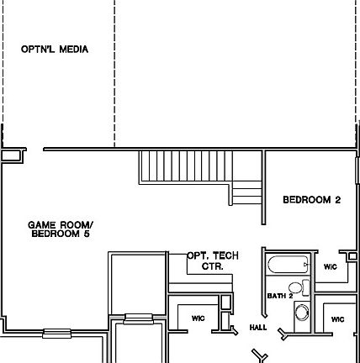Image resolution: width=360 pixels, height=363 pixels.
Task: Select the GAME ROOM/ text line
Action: tap(61, 224)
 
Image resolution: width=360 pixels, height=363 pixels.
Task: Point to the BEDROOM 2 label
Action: tap(310, 200)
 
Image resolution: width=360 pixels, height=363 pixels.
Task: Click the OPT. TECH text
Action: tap(207, 255)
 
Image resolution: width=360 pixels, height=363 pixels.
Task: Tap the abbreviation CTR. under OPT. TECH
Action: tap(211, 266)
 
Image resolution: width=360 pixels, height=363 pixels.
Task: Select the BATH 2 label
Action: tap(279, 296)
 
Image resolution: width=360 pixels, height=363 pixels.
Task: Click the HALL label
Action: tap(257, 328)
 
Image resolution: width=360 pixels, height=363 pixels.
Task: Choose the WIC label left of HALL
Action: tap(198, 318)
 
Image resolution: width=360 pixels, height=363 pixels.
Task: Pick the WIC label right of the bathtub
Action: tap(330, 266)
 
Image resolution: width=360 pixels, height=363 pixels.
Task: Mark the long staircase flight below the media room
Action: tap(185, 166)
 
